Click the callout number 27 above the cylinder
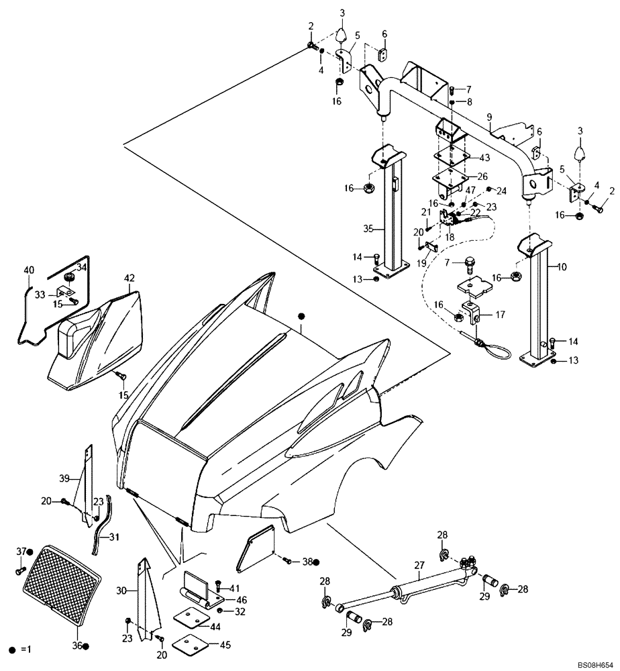click(420, 566)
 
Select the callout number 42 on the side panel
click(129, 278)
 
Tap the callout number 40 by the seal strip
click(28, 270)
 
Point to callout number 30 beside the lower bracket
click(121, 590)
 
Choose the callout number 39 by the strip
click(64, 478)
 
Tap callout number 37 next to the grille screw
click(20, 551)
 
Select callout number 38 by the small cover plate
click(307, 562)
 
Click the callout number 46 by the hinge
click(241, 599)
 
